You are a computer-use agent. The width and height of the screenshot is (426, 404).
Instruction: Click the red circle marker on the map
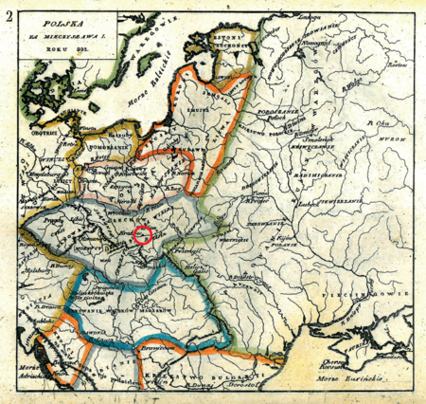click(143, 235)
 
